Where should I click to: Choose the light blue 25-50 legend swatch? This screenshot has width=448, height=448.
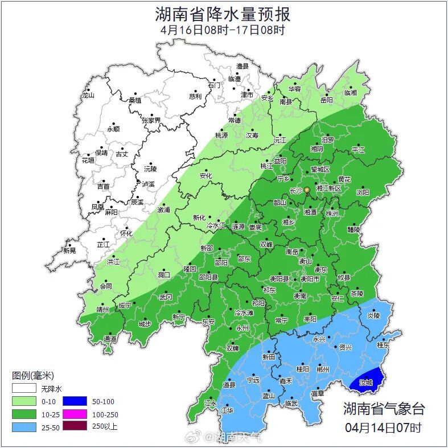pos(24,426)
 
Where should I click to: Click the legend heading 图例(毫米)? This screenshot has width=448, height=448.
pos(32,376)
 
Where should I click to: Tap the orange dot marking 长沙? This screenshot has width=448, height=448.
pos(307,190)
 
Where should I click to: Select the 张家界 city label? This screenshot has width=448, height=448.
pos(151,120)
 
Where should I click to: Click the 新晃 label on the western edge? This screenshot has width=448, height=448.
pos(69,250)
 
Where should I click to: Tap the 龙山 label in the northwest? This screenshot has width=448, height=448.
pos(88,96)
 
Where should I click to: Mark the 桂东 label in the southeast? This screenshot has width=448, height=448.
pos(383,344)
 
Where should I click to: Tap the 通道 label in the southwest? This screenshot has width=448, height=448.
pos(110,339)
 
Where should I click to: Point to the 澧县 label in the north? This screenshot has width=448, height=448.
pos(243,67)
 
